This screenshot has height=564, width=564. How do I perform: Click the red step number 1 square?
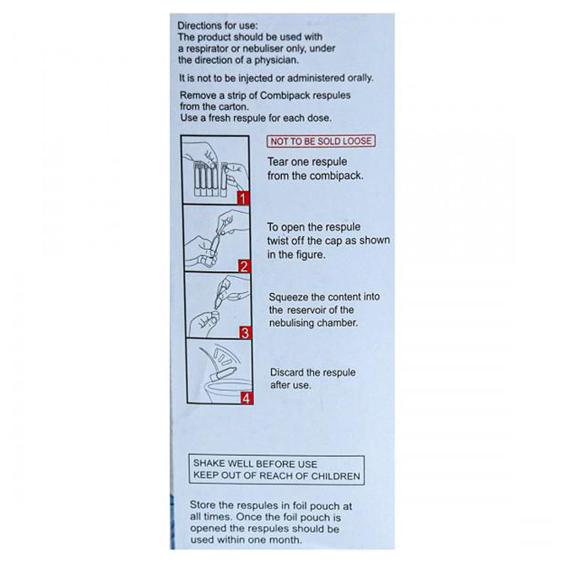click(243, 198)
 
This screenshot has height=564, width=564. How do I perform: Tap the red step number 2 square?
click(243, 266)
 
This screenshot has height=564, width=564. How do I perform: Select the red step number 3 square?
click(244, 333)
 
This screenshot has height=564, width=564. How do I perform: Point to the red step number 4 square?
click(246, 399)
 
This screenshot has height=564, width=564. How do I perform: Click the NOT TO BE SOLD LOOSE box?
click(321, 141)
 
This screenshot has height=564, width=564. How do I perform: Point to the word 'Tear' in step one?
click(277, 162)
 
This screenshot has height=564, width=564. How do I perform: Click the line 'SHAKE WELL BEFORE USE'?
click(255, 463)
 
